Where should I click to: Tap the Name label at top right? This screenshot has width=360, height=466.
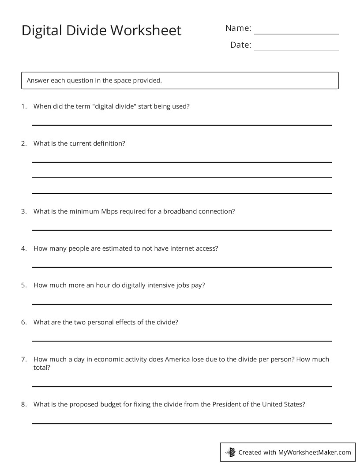pos(238,28)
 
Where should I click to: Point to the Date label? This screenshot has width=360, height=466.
pos(240,45)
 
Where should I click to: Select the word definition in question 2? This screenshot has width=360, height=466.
pos(109,143)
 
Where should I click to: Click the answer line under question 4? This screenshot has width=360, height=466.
pos(181,267)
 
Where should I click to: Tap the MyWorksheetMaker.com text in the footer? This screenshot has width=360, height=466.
pos(315,452)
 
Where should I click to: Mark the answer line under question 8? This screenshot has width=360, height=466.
pos(181,423)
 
